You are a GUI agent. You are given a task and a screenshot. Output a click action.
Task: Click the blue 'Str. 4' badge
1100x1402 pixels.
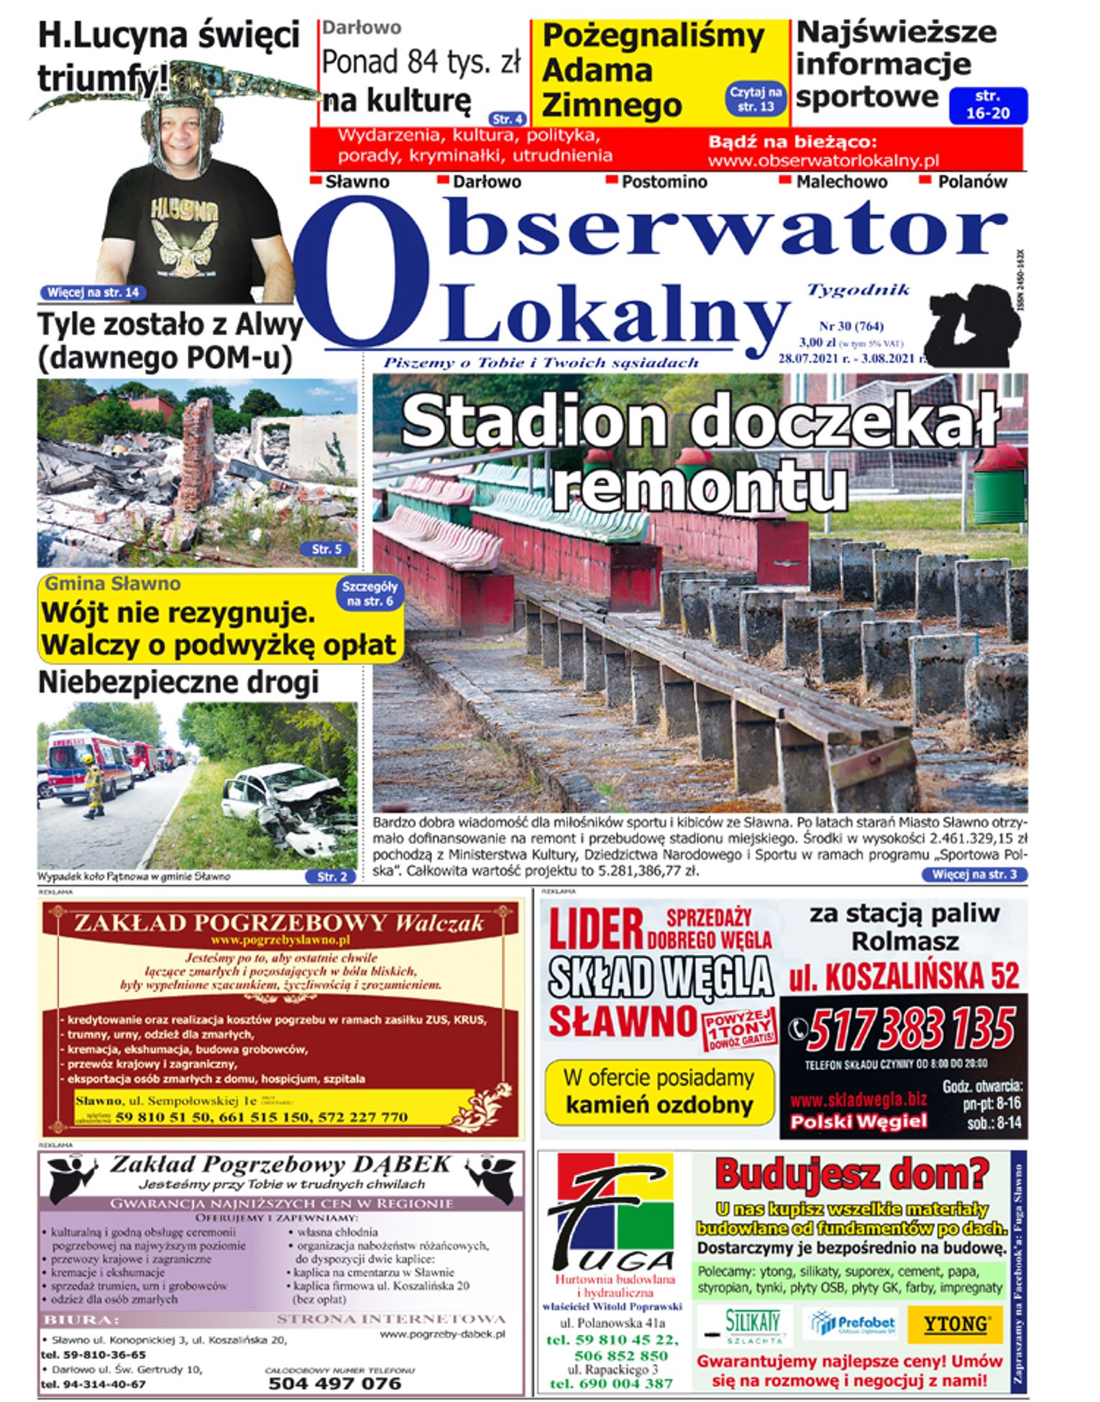508,119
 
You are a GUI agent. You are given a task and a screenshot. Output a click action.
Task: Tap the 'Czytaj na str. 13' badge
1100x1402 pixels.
756,99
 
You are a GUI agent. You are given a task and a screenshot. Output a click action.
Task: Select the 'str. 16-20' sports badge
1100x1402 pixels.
988,105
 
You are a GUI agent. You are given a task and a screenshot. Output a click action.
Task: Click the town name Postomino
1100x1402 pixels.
664,182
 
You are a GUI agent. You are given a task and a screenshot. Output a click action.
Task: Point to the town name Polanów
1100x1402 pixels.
972,182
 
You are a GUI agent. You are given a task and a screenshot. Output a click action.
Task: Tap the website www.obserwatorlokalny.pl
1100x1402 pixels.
823,160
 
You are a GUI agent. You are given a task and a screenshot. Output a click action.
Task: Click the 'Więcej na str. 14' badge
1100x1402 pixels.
93,293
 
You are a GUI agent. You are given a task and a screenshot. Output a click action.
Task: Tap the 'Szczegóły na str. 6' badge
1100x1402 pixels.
370,594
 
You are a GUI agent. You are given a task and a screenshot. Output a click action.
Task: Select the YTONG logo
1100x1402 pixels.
955,1324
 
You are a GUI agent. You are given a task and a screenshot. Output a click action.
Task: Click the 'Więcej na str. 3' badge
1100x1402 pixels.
974,874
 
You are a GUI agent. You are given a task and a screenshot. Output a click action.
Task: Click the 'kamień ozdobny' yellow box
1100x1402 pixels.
659,1091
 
